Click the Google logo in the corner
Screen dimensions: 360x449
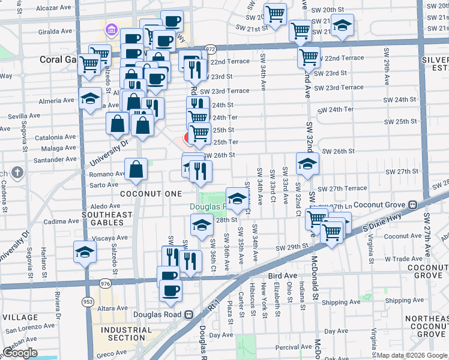(20, 353)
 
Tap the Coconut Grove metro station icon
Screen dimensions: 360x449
(412, 204)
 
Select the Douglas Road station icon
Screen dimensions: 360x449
(188, 314)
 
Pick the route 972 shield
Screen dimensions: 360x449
(209, 49)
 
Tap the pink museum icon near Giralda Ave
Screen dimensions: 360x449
(110, 29)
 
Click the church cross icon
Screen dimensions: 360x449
(17, 173)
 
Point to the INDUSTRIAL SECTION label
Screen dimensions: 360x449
(126, 334)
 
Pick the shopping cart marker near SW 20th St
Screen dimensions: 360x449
(276, 14)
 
